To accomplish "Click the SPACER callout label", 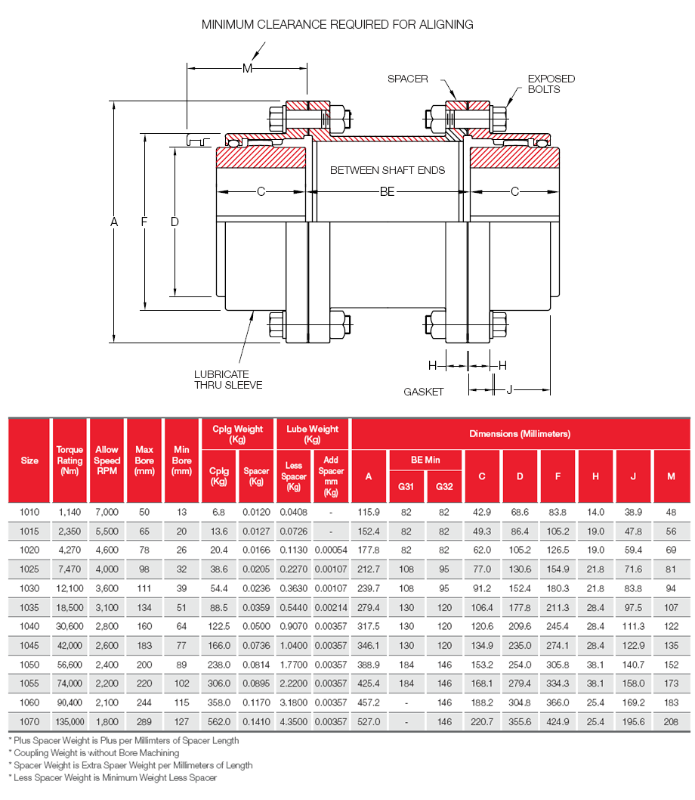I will click(408, 79).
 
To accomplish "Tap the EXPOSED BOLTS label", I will click(551, 84).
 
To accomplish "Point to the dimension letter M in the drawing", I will click(247, 69).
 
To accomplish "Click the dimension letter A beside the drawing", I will click(114, 222).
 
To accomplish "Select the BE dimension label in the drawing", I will click(387, 192).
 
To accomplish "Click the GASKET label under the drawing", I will click(423, 392).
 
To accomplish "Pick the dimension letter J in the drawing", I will click(509, 389).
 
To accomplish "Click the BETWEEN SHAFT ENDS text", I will click(388, 170).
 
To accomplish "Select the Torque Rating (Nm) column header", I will click(69, 460).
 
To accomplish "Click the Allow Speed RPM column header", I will click(107, 460).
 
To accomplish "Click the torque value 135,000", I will click(69, 721).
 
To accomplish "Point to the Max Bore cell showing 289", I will click(144, 721).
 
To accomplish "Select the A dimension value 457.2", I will click(369, 702).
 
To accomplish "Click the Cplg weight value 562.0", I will click(219, 721).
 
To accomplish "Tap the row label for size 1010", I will click(29, 512).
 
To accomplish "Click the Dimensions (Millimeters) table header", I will click(520, 434).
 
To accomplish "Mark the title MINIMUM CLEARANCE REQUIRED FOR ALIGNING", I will click(337, 24).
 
